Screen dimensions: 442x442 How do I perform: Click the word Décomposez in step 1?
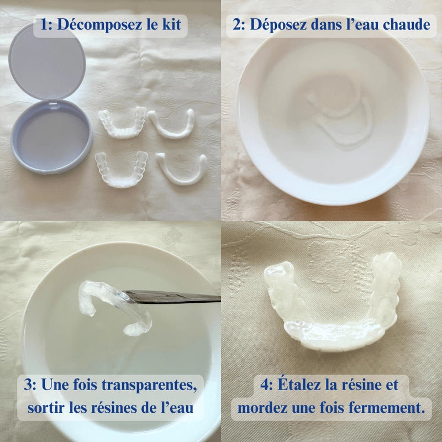click(x=100, y=24)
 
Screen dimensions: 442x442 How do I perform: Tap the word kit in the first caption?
click(x=171, y=24)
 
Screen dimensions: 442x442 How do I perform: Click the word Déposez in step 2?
click(x=278, y=25)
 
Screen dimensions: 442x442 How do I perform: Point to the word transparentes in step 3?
click(x=149, y=385)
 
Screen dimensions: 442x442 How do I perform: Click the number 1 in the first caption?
click(x=44, y=24)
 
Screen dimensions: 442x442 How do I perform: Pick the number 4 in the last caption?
click(x=265, y=385)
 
